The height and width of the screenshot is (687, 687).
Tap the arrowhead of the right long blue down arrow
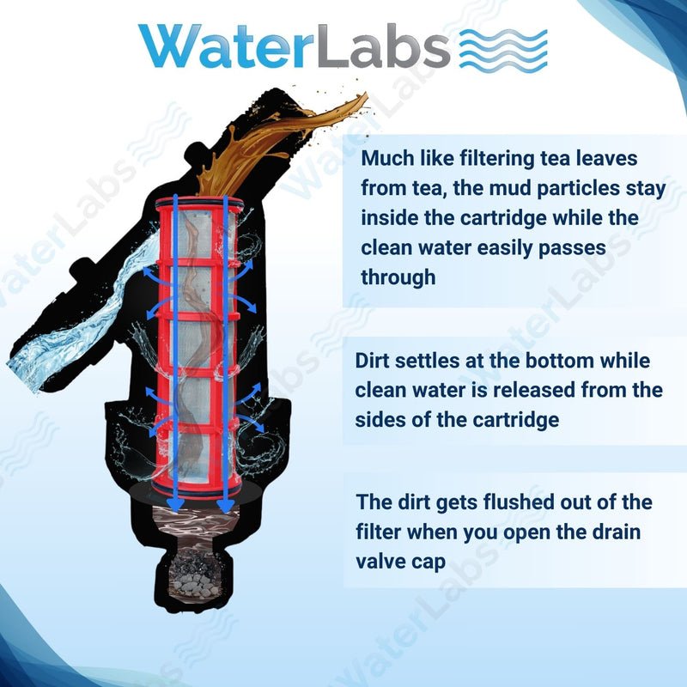pyautogui.click(x=226, y=504)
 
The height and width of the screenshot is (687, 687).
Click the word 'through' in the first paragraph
pyautogui.click(x=398, y=277)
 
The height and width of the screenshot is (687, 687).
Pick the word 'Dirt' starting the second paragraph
pyautogui.click(x=374, y=361)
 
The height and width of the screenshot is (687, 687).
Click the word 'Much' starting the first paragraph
pyautogui.click(x=386, y=159)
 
